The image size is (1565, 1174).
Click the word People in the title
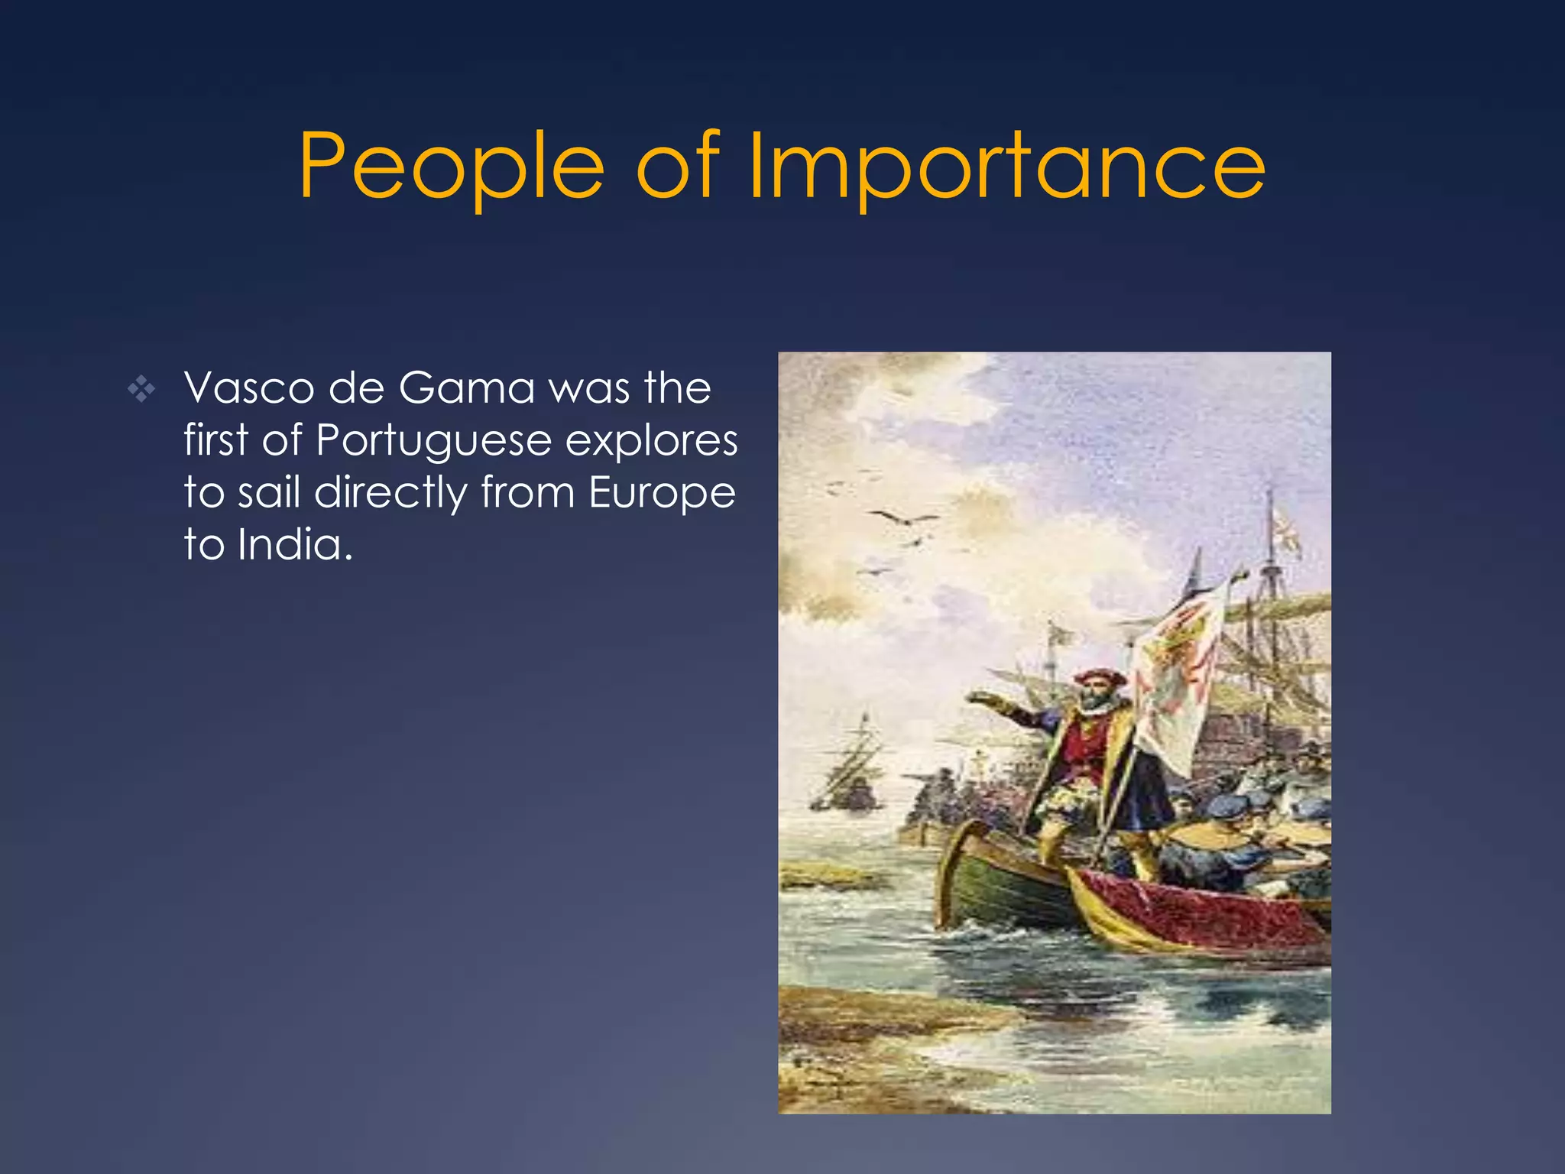point(451,167)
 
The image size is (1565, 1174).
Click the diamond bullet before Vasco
point(141,391)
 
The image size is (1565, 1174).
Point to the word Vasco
point(248,388)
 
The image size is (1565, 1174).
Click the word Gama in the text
point(466,388)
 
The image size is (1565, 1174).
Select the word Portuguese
point(433,442)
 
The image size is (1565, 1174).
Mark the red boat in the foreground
point(1192,913)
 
